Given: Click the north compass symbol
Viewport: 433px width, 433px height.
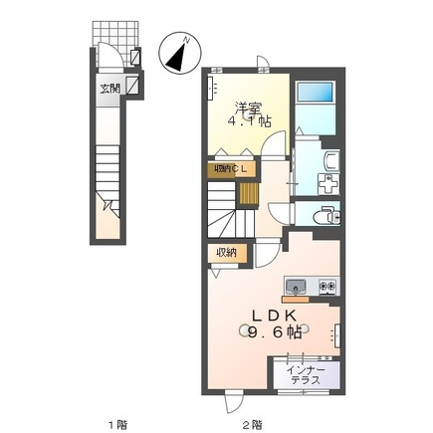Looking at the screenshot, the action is coord(180,54).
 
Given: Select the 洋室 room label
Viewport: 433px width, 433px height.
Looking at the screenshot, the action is coord(249,108).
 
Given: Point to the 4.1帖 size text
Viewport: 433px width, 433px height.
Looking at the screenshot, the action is coord(249,121).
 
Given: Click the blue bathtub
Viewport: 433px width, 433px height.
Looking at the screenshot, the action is coord(315,92).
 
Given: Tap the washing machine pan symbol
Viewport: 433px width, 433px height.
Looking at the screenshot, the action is coord(328,184).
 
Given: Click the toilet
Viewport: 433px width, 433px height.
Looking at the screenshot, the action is coord(326,216).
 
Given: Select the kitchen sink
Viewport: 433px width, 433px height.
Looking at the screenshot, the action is coord(296,286).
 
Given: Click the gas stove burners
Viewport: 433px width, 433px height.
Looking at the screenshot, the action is coord(327,285).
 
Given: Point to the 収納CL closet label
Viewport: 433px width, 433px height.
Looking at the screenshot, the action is coord(231,168).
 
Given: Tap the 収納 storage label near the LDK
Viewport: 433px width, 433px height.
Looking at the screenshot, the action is coord(227,253).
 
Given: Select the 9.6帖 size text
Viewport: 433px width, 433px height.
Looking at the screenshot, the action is coord(275,331).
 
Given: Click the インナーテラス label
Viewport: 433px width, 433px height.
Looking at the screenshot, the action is coord(306,375).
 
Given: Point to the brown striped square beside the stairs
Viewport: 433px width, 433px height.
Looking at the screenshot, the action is coord(249,193).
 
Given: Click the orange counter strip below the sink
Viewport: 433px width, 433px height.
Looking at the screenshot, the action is coord(296,299).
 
